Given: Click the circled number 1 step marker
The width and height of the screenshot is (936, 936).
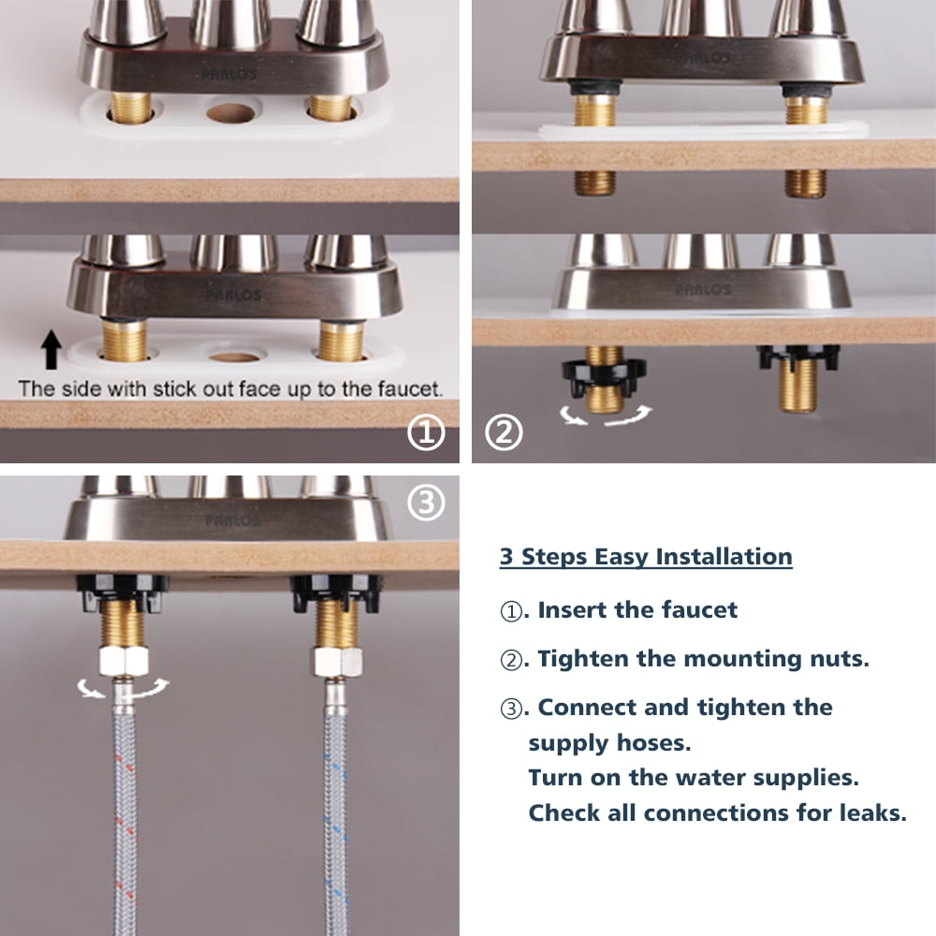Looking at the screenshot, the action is [x=426, y=432].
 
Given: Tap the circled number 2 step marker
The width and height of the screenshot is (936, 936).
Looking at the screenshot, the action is [x=504, y=432].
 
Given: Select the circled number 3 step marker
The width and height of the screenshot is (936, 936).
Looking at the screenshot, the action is [x=426, y=502].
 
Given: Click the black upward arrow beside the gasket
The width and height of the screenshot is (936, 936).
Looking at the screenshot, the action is [x=51, y=350].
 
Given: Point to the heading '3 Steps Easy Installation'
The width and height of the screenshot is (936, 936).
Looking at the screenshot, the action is [x=646, y=557].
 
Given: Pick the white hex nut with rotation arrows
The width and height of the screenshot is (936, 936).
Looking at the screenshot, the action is [x=124, y=660].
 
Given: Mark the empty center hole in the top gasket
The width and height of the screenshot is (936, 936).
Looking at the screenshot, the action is [x=230, y=113].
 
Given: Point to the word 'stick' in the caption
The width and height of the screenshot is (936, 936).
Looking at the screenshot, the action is [x=174, y=389].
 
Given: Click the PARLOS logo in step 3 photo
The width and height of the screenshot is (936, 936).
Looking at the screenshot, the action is [x=232, y=520].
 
